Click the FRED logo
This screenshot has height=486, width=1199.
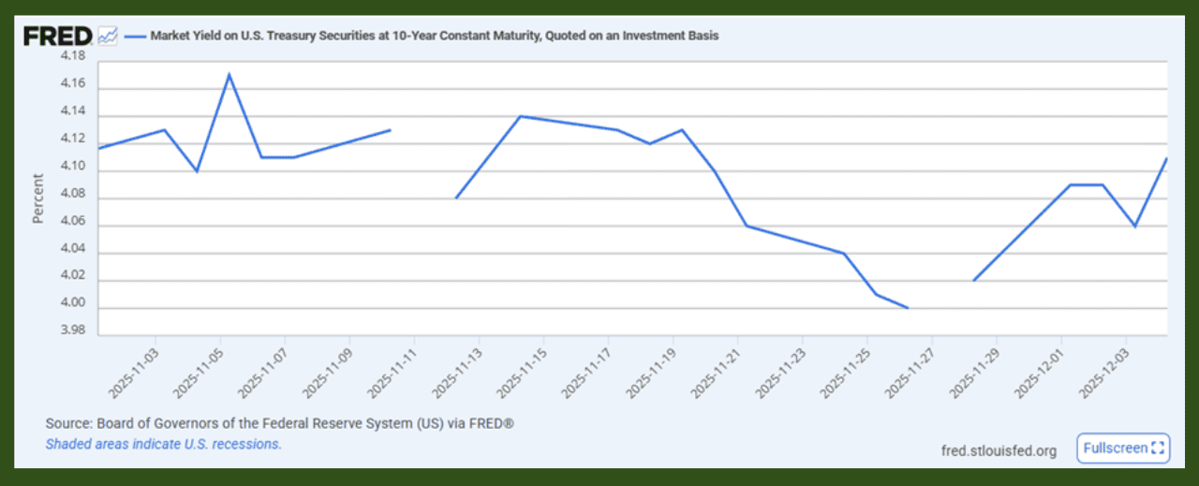pos(57,37)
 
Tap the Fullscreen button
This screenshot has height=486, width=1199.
pos(1123,449)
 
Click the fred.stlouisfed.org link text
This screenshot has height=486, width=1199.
pos(999,450)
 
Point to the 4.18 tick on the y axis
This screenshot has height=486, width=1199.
pos(72,56)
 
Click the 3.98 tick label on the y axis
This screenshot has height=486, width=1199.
pos(72,331)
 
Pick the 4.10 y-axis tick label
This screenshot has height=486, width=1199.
pos(72,167)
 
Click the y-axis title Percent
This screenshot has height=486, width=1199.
pos(38,199)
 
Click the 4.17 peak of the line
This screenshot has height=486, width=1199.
pos(229,74)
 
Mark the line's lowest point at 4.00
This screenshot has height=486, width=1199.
pos(908,307)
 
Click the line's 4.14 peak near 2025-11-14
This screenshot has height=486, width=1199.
pos(521,116)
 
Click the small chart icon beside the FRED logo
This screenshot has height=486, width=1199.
pos(108,37)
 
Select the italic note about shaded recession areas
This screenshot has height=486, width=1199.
pos(163,444)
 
